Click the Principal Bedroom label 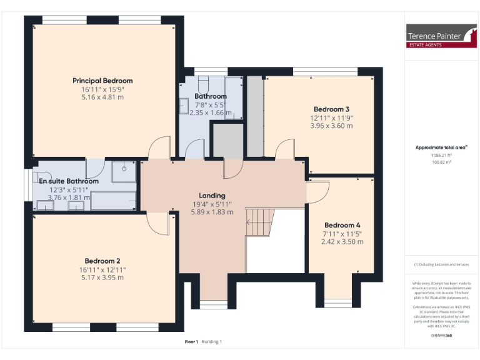(x=102, y=81)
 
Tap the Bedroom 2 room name (x=102, y=261)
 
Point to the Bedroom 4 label (x=342, y=225)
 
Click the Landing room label (x=212, y=196)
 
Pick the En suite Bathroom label (x=69, y=181)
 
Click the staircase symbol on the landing (x=259, y=222)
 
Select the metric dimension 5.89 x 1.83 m (x=212, y=212)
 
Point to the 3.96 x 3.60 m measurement (x=331, y=126)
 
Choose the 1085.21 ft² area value (x=441, y=156)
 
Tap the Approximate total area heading (x=441, y=147)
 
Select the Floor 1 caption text (x=191, y=342)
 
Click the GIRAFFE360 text (x=441, y=336)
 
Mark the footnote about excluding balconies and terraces (x=441, y=264)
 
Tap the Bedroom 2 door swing (x=157, y=221)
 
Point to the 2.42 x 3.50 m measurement (x=342, y=241)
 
